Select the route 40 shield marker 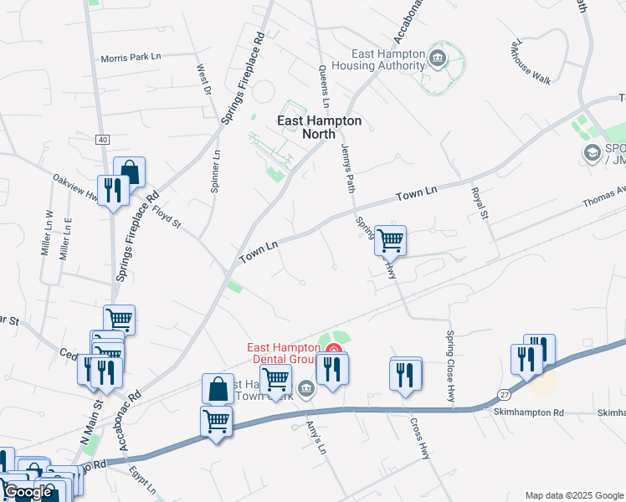(103, 139)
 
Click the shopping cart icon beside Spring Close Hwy (391, 240)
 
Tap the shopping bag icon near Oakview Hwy (130, 172)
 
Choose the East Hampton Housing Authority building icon (436, 58)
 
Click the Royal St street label (478, 202)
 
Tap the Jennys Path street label (349, 165)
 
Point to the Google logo (28, 492)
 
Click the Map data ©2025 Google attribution (573, 495)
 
